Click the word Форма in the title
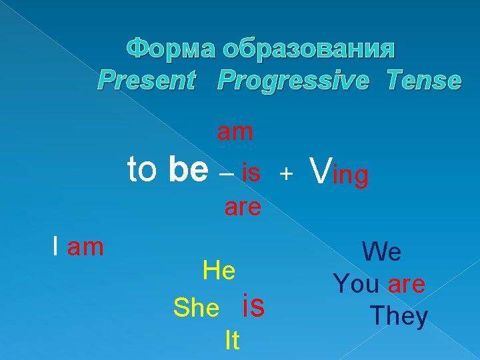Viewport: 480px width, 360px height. tap(171, 49)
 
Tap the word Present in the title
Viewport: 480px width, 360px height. tap(147, 81)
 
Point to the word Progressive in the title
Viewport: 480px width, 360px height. tap(293, 81)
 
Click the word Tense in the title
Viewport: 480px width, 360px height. tap(423, 81)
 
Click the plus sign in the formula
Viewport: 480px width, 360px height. tap(285, 174)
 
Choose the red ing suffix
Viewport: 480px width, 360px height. tap(350, 177)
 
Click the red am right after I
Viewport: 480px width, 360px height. tap(86, 247)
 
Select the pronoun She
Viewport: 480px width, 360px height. tap(196, 307)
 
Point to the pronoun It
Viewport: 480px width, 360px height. tap(231, 341)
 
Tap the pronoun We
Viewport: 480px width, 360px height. tap(381, 253)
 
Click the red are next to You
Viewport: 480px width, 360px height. tap(406, 285)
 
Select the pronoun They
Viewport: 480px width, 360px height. tap(399, 316)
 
